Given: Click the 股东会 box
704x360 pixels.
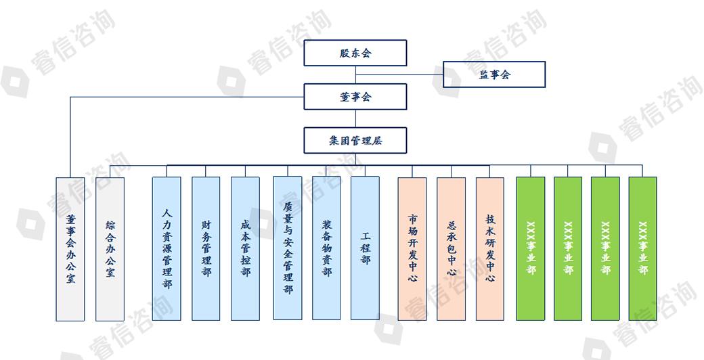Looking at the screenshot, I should (355, 53).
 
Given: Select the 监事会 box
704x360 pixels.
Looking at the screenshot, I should (494, 74).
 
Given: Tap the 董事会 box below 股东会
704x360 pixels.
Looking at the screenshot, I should (355, 97).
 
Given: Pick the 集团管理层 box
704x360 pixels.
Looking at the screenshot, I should (355, 141).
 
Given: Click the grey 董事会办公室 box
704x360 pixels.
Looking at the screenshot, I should (70, 248).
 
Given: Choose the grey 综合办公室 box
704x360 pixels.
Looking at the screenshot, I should (110, 248).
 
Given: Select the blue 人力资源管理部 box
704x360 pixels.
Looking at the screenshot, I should (167, 248).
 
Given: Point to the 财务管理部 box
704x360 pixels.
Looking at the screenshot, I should (206, 248).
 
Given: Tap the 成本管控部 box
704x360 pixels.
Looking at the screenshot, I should (245, 248).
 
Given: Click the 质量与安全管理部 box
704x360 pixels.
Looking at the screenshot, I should (288, 248).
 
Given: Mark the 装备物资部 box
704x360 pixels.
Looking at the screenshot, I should (326, 248).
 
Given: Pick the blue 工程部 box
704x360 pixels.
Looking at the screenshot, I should (366, 248).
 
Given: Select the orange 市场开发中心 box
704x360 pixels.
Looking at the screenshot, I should (412, 248).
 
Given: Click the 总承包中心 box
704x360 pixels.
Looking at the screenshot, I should (452, 248).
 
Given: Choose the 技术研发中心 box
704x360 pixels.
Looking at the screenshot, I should (490, 248).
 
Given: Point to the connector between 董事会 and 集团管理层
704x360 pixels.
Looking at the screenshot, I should (355, 118).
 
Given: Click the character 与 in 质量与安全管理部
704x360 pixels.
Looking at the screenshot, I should (288, 231).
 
